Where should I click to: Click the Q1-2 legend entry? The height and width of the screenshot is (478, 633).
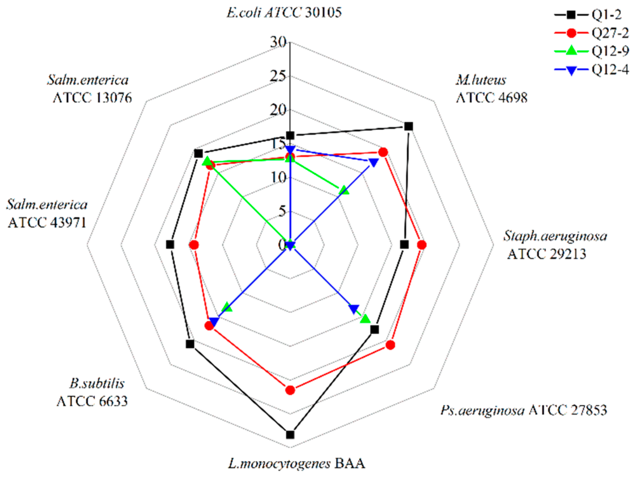(x=591, y=15)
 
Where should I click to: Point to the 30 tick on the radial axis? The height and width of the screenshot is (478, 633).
(x=278, y=42)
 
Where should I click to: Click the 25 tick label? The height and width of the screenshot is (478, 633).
(x=278, y=76)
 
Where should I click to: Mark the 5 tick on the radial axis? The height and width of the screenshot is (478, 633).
(x=282, y=211)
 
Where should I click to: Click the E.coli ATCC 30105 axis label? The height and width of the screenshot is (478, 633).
(x=284, y=13)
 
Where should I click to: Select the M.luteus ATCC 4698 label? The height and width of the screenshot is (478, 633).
(x=491, y=89)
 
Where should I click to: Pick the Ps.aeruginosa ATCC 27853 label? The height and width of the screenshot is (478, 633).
(x=523, y=410)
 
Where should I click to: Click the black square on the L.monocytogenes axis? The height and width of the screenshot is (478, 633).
(x=290, y=434)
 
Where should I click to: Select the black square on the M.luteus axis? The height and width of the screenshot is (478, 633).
(x=408, y=126)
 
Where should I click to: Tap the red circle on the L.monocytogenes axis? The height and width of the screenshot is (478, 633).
(x=290, y=390)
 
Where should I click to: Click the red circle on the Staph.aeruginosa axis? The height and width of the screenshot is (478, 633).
(x=422, y=245)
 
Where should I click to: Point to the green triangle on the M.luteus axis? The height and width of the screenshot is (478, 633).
(x=344, y=190)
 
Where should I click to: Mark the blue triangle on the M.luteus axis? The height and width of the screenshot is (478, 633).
(x=373, y=162)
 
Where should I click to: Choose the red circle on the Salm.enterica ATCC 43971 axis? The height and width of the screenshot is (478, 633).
(x=194, y=245)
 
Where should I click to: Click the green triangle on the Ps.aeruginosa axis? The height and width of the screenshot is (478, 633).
(x=365, y=319)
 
